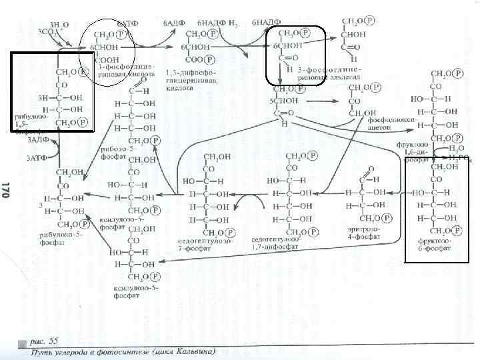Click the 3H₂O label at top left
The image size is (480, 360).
[x=52, y=23]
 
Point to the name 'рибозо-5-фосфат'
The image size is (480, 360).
[x=113, y=153]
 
